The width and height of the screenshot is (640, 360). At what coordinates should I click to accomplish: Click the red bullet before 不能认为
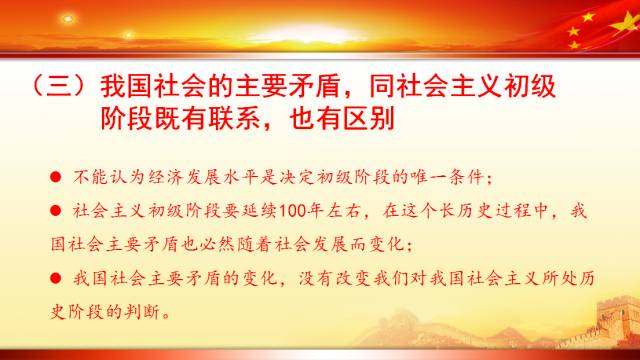coord(56,179)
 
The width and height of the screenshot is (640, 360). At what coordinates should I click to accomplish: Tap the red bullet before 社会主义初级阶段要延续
coord(56,212)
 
